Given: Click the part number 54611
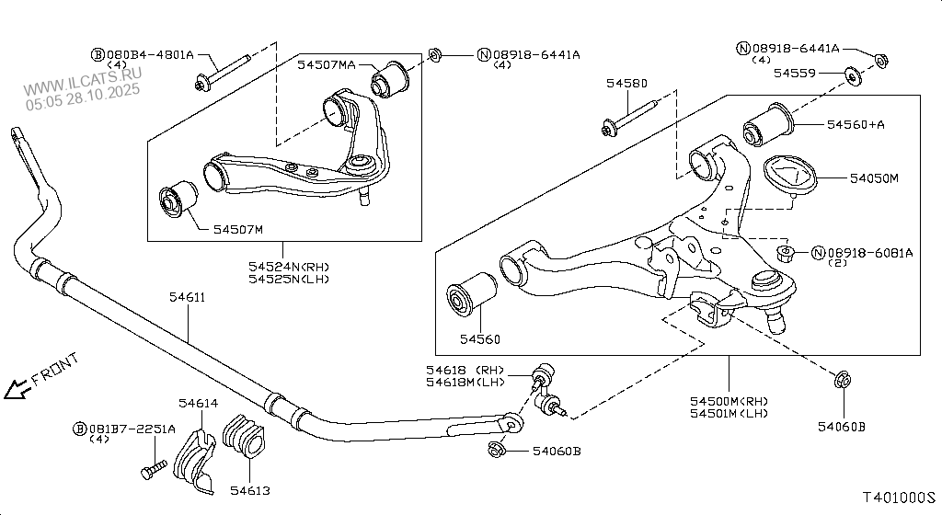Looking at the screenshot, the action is tap(187, 296).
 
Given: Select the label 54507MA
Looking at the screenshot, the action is tap(327, 64).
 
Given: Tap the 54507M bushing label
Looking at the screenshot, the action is tap(238, 229).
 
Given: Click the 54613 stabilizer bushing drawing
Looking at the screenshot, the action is tap(243, 436).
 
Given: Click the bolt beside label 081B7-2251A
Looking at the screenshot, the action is tap(154, 470).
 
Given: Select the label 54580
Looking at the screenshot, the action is tap(626, 83).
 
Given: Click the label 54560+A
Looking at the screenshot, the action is tap(856, 124).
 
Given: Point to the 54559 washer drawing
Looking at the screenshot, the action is tap(852, 77).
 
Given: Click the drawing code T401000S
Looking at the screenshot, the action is tap(900, 497).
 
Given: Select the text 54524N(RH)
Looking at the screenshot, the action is tap(289, 267).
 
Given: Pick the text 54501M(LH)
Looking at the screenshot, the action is tap(729, 413).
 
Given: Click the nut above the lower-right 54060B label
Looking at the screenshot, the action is tap(843, 379).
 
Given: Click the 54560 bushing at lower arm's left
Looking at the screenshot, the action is tap(472, 293).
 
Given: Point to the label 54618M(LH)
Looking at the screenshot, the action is tap(465, 382).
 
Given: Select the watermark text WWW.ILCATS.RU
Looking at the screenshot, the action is tap(83, 80).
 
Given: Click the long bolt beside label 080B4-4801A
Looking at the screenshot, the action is tap(223, 72).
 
